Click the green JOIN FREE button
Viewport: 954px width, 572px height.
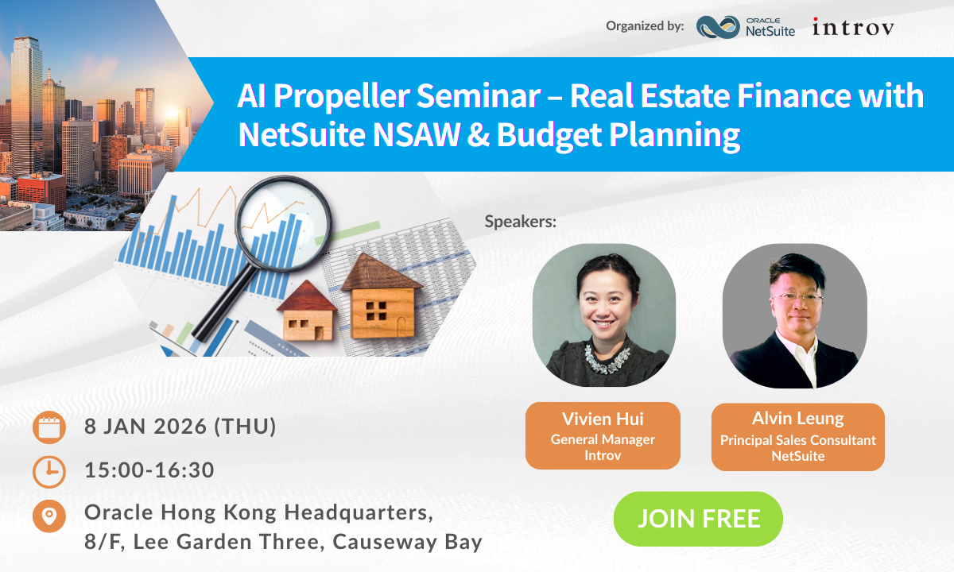(x=698, y=519)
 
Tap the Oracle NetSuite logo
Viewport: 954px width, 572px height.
(x=745, y=27)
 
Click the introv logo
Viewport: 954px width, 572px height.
(x=853, y=27)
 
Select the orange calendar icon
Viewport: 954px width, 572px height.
(x=49, y=427)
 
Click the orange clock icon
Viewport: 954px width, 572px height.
(x=49, y=471)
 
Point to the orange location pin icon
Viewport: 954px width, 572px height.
(x=49, y=515)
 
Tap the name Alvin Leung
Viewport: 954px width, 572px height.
(x=797, y=419)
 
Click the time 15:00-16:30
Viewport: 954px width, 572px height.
(x=149, y=470)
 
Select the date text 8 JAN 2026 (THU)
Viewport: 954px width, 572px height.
(x=180, y=427)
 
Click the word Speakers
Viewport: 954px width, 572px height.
(x=521, y=222)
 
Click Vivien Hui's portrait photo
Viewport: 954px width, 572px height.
(x=603, y=315)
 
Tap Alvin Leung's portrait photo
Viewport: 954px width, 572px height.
(x=794, y=315)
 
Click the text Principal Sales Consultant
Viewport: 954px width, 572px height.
(x=797, y=440)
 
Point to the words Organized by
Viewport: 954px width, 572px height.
(x=645, y=26)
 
